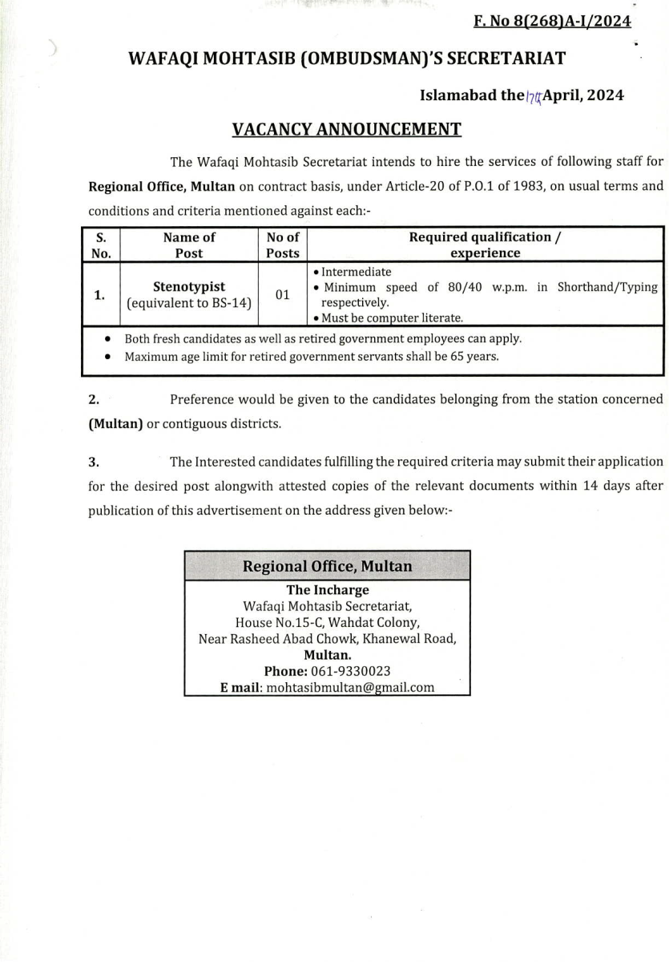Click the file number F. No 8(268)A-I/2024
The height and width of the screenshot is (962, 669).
(x=552, y=21)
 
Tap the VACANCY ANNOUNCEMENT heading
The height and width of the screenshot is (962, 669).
(x=346, y=129)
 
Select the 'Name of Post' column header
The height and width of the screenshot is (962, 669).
(x=189, y=245)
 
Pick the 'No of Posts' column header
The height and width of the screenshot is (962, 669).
(x=282, y=245)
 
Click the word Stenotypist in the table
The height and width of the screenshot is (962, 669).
(x=189, y=286)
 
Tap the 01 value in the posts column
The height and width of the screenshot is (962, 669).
(x=282, y=295)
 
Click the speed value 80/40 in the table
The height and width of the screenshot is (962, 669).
(x=465, y=287)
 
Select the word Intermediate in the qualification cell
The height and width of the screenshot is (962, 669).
(x=357, y=272)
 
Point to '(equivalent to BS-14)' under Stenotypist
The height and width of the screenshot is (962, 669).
(x=189, y=303)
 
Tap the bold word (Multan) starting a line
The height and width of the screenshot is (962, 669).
(x=115, y=423)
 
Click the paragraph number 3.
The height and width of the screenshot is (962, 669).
(x=94, y=462)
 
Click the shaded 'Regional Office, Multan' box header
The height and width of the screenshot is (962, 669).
(x=327, y=566)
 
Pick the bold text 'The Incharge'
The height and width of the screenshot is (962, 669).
(x=328, y=590)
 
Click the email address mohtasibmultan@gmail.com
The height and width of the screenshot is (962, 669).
(x=350, y=687)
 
